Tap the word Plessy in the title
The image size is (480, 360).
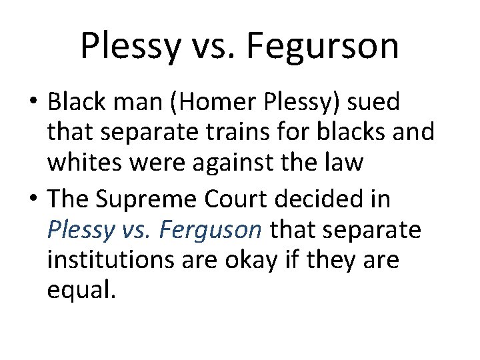pos(129,46)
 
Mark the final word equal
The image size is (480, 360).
pos(81,290)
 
